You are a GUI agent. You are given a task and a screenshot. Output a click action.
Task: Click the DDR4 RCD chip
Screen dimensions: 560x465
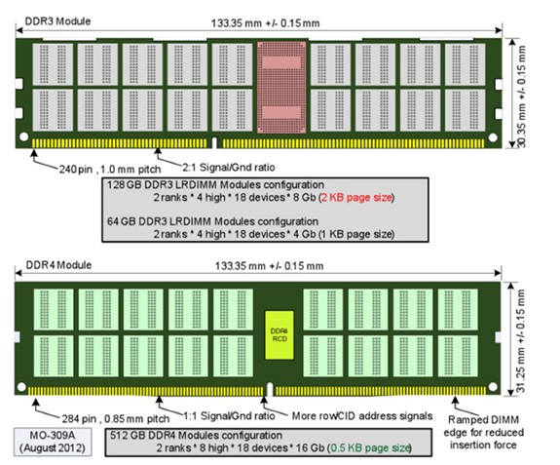[280, 335]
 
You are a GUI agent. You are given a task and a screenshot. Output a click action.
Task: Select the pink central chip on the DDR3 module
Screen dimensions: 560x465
[281, 87]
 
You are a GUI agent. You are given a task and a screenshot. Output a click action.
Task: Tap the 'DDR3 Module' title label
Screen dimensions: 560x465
[57, 21]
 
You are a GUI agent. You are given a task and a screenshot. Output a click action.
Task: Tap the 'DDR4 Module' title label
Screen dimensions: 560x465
[58, 265]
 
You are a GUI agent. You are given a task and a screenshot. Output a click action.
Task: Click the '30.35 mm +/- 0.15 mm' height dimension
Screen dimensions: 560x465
[522, 96]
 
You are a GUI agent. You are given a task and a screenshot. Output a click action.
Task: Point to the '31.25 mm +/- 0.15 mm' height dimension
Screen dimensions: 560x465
[521, 341]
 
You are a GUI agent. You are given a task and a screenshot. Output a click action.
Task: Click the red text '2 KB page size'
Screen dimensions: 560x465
[356, 197]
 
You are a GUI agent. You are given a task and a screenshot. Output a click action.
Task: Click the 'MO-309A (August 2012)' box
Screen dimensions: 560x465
[53, 442]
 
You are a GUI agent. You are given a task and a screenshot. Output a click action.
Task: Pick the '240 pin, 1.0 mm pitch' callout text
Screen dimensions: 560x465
[110, 169]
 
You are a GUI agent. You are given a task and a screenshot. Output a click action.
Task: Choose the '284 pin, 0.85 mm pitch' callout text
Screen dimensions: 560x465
[116, 418]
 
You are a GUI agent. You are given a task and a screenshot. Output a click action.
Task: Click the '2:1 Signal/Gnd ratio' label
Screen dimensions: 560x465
[229, 167]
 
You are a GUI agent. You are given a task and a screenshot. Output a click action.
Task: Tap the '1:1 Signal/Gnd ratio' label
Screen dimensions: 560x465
[229, 415]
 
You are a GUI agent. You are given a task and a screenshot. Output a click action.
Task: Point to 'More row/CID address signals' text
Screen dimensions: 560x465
[362, 415]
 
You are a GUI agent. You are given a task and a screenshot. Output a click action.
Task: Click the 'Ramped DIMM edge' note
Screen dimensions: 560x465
[484, 432]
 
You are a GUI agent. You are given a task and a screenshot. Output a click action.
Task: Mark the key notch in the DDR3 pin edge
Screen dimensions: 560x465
[214, 142]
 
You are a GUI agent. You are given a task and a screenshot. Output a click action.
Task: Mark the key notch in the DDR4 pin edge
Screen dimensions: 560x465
[270, 389]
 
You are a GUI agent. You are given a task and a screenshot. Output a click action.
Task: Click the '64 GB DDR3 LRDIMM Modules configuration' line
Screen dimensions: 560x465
[213, 221]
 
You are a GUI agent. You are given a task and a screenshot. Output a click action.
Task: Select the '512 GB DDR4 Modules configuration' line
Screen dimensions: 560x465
[196, 436]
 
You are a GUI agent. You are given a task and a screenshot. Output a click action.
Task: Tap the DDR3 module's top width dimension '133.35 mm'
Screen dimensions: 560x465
[265, 23]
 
